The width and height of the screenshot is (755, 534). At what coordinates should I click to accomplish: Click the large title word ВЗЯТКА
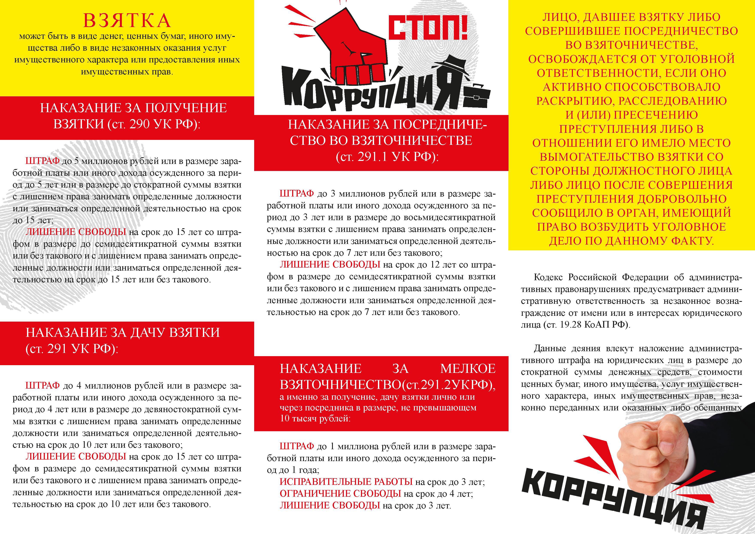click(127, 21)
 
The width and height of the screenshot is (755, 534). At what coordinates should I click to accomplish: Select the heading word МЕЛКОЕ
click(468, 369)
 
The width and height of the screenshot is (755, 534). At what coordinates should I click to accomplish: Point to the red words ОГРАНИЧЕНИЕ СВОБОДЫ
click(340, 493)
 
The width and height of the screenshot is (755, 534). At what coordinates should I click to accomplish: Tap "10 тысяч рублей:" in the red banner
click(315, 419)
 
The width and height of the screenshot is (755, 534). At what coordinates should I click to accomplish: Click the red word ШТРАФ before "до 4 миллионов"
click(42, 385)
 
